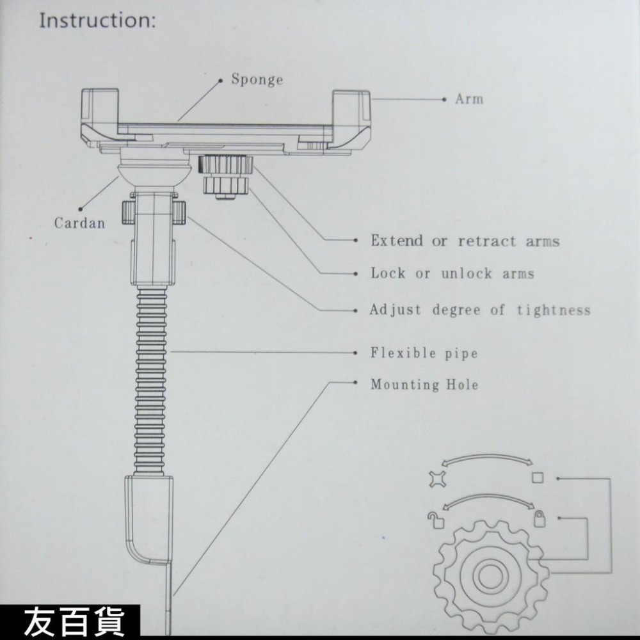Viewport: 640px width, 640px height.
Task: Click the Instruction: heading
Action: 97,20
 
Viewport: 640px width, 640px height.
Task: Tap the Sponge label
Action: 257,80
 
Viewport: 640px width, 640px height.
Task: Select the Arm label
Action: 468,99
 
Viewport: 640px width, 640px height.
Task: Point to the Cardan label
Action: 79,223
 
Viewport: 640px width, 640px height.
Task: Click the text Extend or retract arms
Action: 465,241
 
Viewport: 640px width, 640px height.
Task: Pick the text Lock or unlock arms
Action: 452,274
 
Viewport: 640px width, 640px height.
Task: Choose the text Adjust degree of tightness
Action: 480,310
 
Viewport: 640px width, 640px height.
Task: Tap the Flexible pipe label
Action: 424,353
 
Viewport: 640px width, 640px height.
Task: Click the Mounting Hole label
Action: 424,385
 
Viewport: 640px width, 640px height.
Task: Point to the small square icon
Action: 537,478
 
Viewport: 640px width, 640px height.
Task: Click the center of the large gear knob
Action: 488,573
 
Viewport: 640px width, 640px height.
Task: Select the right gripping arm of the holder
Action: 351,118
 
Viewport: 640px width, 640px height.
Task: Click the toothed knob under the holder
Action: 224,176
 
